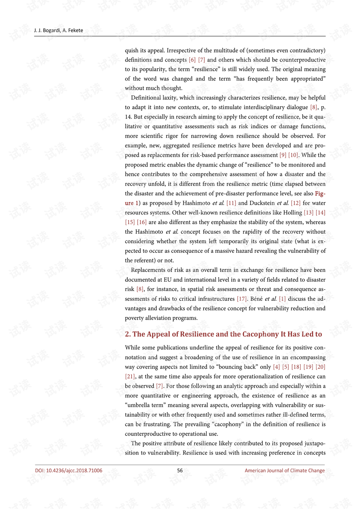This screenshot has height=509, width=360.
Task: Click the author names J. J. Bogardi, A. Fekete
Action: tap(58, 30)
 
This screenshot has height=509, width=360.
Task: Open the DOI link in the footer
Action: tap(69, 470)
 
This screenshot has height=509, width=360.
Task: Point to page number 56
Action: tap(180, 470)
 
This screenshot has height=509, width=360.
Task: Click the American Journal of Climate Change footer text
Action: tap(285, 470)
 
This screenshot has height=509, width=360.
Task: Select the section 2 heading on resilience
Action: tap(223, 334)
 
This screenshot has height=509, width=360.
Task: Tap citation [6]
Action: tap(192, 60)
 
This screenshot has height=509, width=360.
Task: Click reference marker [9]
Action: tap(283, 155)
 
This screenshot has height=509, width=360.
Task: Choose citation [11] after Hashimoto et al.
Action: tap(231, 203)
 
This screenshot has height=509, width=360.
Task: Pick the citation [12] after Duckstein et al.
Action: tap(295, 203)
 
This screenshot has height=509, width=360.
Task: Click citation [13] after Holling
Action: tap(309, 213)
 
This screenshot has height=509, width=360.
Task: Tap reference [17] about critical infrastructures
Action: tap(242, 299)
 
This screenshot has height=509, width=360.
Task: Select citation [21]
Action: tap(130, 377)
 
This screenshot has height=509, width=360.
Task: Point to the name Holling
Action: tap(292, 213)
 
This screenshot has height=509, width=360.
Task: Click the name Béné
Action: tap(256, 299)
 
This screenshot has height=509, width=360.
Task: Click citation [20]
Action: tap(320, 367)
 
